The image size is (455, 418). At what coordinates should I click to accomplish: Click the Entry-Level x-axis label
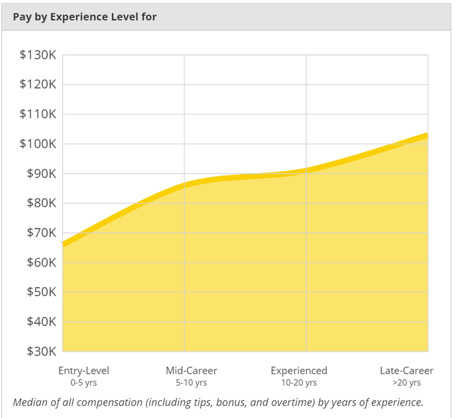click(x=83, y=371)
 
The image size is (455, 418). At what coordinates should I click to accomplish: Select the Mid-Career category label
click(x=191, y=371)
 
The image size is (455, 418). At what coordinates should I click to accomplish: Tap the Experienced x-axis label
click(x=299, y=371)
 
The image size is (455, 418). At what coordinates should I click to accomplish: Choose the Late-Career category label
click(x=406, y=371)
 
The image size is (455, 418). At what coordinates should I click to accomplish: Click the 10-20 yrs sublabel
click(x=299, y=383)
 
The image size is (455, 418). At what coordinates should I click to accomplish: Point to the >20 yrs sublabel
click(x=406, y=383)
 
